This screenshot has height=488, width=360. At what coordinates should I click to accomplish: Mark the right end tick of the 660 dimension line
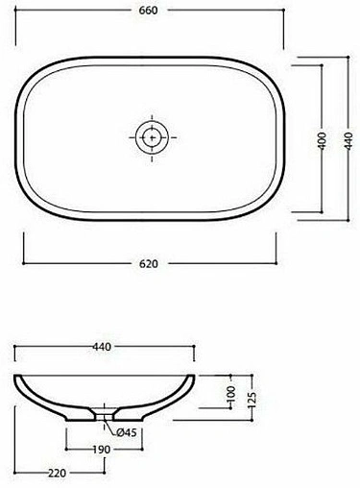click(284, 20)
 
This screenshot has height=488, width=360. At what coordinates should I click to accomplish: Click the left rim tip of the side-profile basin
click(17, 376)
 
